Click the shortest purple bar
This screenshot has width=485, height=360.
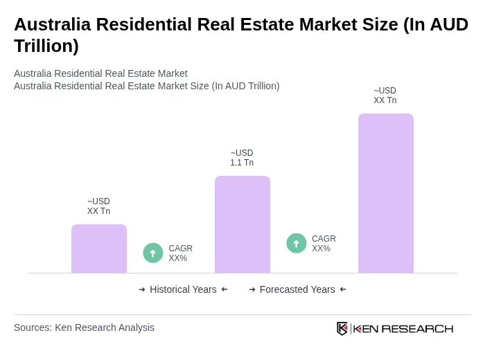pos(99,249)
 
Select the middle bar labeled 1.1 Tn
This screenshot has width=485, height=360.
pos(242,224)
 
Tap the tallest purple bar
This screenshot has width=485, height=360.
pos(386,193)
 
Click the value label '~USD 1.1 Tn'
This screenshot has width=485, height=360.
pos(242,158)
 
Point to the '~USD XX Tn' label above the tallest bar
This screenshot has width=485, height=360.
pos(385,96)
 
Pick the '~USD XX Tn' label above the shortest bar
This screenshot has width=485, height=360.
pos(98,206)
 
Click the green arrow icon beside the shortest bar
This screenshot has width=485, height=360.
pos(153,253)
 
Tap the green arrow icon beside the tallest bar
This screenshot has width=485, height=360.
pos(297,243)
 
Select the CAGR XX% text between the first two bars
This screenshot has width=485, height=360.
pos(180,253)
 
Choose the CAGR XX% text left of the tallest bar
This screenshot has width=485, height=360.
pos(324,244)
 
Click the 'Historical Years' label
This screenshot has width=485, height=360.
pos(183,289)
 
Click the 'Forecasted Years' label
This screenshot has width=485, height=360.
pos(297,289)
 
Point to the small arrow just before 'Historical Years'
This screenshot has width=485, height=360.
pos(142,289)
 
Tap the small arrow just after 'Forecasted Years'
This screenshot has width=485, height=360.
pos(343,289)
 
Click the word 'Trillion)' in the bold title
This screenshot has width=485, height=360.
pos(46,46)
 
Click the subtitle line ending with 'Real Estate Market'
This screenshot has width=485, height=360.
pos(100,73)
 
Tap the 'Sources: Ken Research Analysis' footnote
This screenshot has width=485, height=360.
pos(84,327)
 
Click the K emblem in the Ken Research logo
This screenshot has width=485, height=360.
pos(342,328)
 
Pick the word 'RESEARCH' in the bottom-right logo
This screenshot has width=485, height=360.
pos(417,328)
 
